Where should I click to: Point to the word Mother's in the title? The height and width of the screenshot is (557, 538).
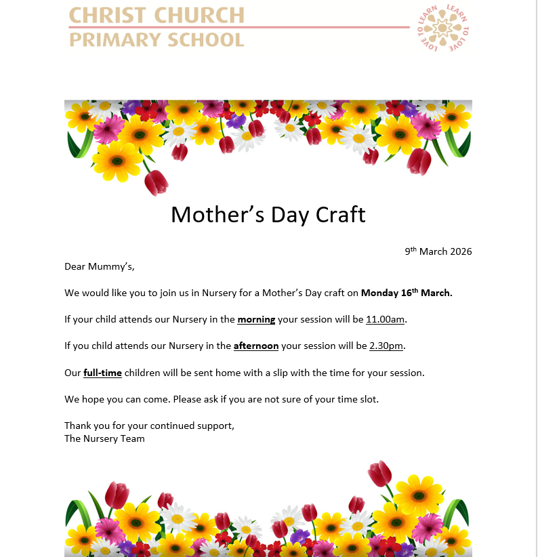pyautogui.click(x=216, y=215)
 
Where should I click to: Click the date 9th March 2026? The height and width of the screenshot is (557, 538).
pyautogui.click(x=438, y=251)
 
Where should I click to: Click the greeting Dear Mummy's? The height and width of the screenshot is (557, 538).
pyautogui.click(x=100, y=266)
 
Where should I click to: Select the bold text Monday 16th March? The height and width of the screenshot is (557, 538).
pyautogui.click(x=407, y=293)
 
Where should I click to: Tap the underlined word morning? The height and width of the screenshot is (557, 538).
pyautogui.click(x=256, y=320)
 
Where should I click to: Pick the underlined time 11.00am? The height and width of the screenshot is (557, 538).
pyautogui.click(x=386, y=320)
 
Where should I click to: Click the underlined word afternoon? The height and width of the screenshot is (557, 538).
pyautogui.click(x=256, y=346)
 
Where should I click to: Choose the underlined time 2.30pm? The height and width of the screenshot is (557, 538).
pyautogui.click(x=386, y=346)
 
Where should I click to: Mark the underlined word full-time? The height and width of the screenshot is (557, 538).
pyautogui.click(x=102, y=373)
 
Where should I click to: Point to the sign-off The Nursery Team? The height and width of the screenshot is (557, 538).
pyautogui.click(x=104, y=438)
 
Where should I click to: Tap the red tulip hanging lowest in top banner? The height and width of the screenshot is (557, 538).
pyautogui.click(x=157, y=182)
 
